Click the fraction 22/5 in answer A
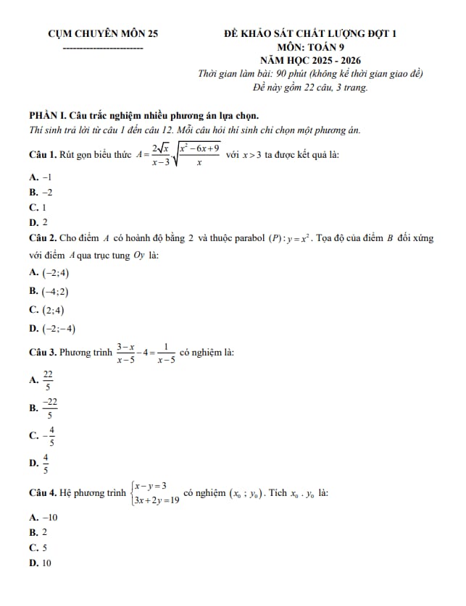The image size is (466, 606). pos(49,379)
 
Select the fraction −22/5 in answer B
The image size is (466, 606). pos(50,408)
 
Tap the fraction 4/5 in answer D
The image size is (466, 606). pos(46,464)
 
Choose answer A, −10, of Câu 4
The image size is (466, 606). pos(43,517)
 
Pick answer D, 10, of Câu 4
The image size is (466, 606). pos(42,562)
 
